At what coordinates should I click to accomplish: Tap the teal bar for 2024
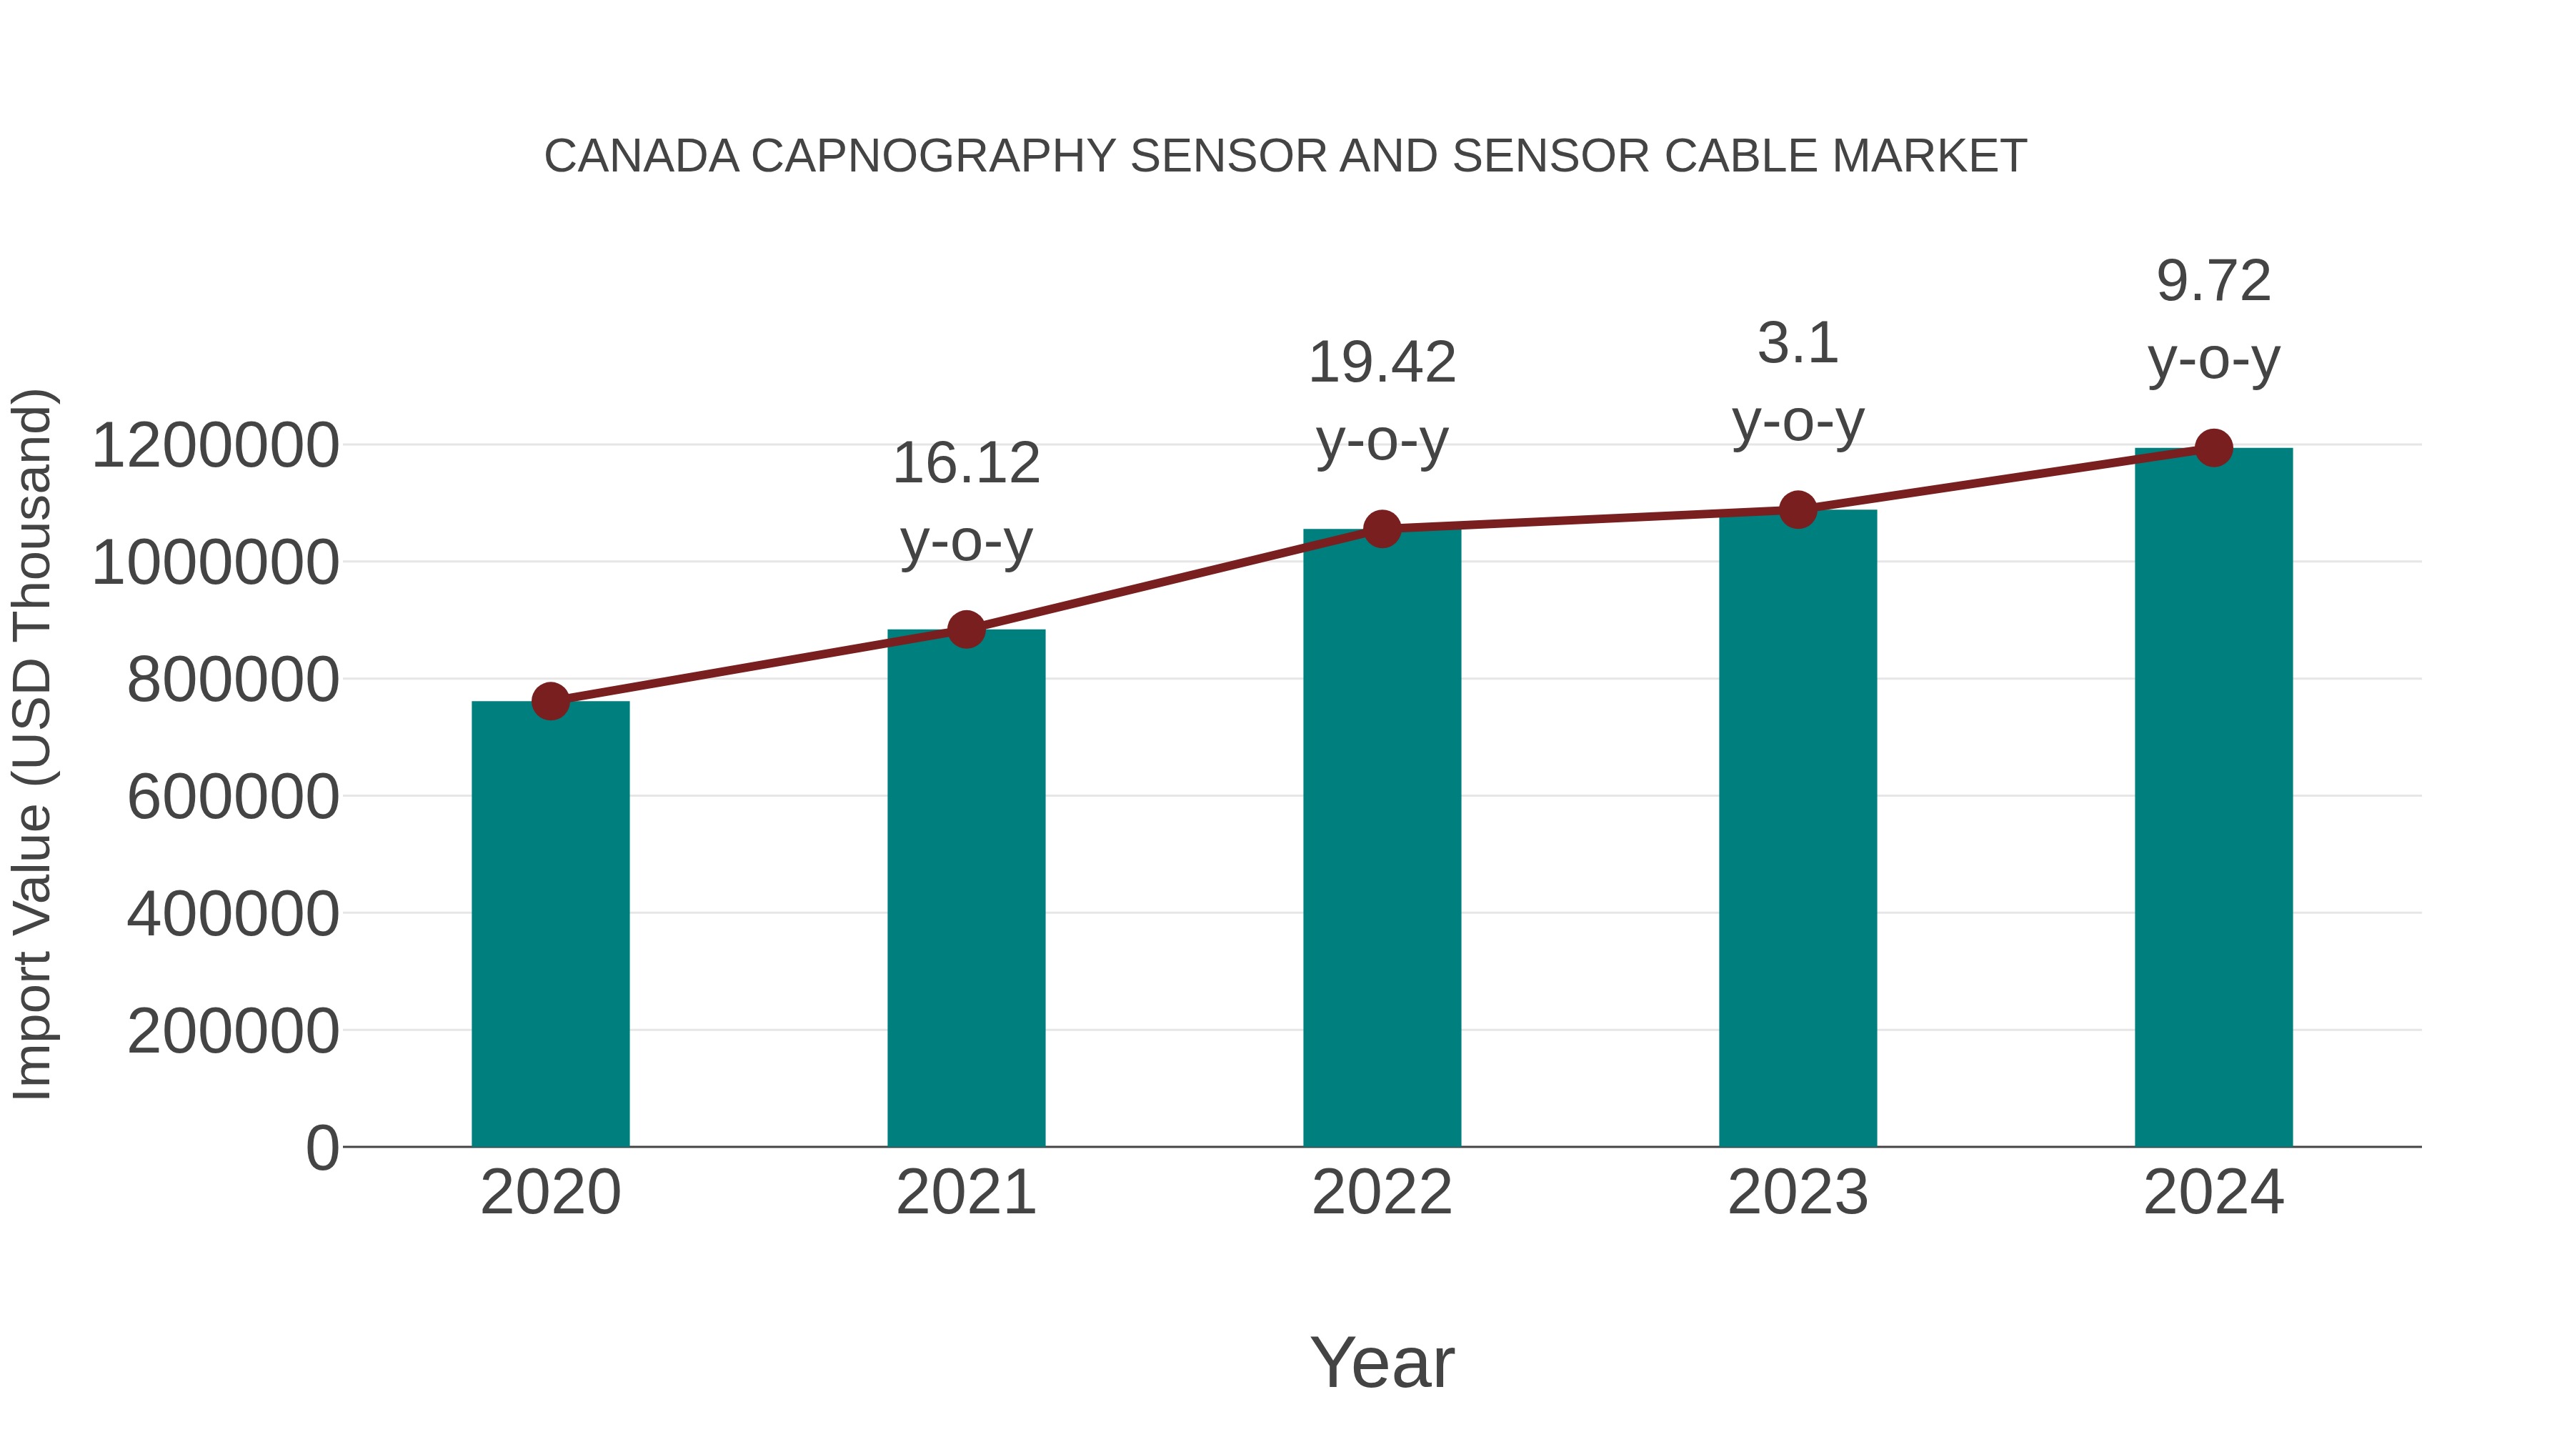(x=2213, y=799)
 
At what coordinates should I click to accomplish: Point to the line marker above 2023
(x=1798, y=510)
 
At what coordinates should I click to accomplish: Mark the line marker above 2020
(x=550, y=702)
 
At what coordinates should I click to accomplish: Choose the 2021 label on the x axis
(x=965, y=1193)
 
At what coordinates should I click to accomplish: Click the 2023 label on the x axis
(x=1798, y=1193)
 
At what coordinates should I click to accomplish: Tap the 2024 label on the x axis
(x=2213, y=1193)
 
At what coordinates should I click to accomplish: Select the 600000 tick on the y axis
(x=233, y=797)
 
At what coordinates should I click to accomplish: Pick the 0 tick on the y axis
(x=321, y=1148)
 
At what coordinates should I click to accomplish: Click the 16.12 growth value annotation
(x=965, y=464)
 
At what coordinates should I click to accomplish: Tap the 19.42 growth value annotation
(x=1382, y=362)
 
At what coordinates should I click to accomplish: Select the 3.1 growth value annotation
(x=1798, y=344)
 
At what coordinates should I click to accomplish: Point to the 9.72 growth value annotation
(x=2213, y=282)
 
